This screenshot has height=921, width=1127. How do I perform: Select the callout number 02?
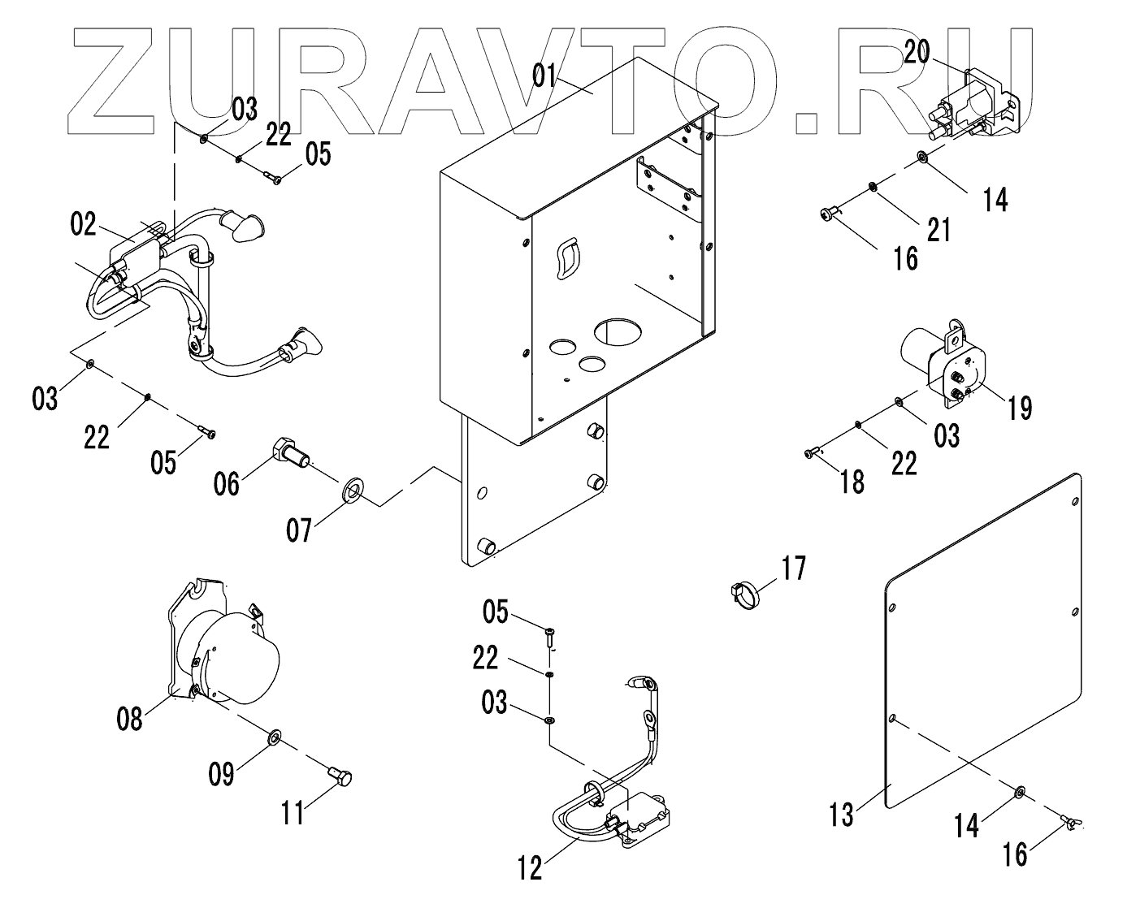point(83,224)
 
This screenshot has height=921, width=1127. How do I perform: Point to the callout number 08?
point(129,718)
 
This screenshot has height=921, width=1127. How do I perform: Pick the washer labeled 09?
point(274,737)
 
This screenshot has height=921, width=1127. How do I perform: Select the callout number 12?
point(530,868)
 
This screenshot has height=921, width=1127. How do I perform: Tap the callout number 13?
point(842,813)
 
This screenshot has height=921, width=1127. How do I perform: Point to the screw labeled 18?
point(811,452)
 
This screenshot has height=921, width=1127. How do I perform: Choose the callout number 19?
point(1019,408)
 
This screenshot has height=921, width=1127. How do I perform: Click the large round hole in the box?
point(618,331)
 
